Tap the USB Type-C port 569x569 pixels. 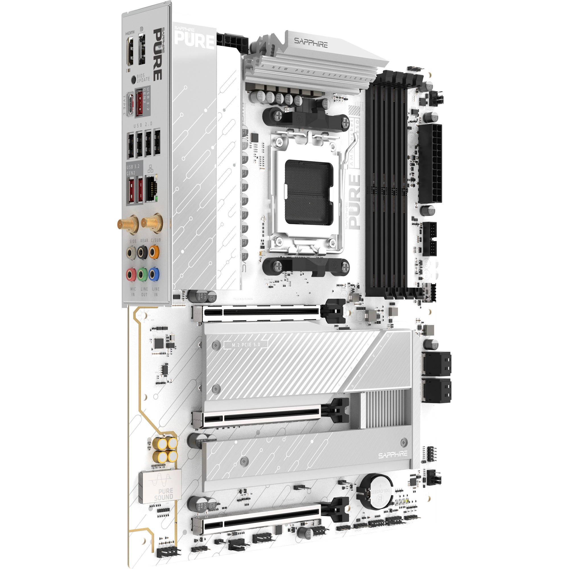(x=130, y=106)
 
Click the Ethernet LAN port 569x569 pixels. (x=151, y=187)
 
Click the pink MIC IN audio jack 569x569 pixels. (x=131, y=275)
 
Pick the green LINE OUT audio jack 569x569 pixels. (x=142, y=275)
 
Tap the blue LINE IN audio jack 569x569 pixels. (x=153, y=275)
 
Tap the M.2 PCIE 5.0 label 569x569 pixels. (x=246, y=345)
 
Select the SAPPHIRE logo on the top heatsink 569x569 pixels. (x=311, y=43)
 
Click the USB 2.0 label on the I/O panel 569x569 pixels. (x=143, y=125)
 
